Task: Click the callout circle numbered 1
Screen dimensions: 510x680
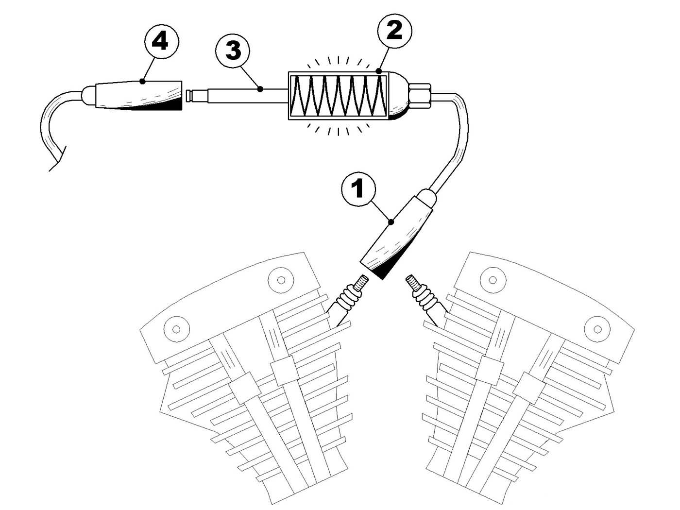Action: pos(359,189)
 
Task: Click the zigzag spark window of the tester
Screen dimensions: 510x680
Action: pos(338,96)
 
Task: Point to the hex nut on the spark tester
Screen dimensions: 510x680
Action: pos(420,95)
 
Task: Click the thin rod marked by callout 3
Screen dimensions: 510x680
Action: pos(243,95)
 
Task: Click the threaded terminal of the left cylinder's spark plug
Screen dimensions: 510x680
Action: pos(361,282)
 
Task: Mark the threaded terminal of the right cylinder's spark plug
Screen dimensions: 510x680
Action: pos(412,283)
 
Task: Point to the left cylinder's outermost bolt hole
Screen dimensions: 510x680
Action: pos(176,329)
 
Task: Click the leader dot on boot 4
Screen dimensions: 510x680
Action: pos(143,81)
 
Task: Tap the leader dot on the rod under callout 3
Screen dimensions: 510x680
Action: pos(260,89)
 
